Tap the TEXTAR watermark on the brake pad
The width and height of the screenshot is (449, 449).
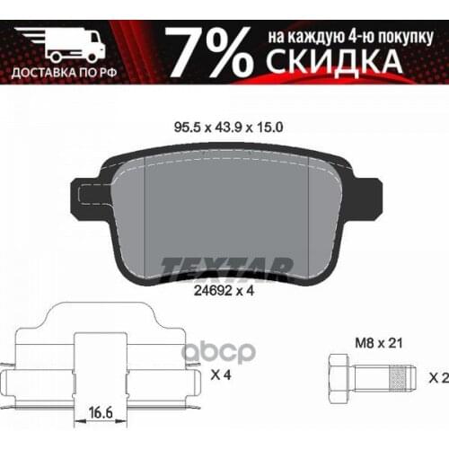point(226,267)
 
